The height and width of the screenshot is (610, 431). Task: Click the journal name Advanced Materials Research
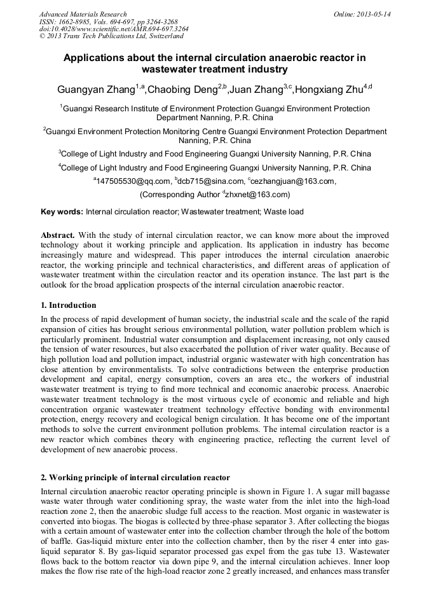(83, 14)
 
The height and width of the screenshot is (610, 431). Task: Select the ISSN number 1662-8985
(78, 22)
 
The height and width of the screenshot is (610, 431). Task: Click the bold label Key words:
(62, 212)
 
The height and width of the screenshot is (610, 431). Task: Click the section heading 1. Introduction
(68, 305)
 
